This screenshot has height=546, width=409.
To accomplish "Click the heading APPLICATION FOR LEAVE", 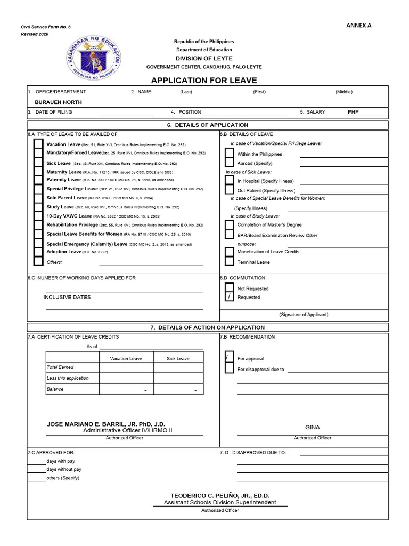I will tap(204, 81).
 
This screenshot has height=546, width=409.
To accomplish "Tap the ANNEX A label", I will tap(359, 26).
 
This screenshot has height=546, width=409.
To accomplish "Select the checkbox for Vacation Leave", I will tap(38, 144).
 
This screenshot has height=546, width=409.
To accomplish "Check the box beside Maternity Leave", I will tap(38, 172).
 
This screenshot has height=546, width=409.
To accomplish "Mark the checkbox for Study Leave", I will tap(38, 207).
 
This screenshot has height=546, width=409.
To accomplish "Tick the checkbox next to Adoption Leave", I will tap(38, 252).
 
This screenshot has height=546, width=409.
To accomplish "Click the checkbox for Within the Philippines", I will tap(229, 154).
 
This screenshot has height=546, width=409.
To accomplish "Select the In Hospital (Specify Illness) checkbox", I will tap(229, 181).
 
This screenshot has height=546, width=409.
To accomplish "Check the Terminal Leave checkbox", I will tap(229, 262).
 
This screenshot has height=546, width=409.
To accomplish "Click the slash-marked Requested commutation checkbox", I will tap(229, 297).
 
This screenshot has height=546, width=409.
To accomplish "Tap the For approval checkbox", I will tap(229, 358).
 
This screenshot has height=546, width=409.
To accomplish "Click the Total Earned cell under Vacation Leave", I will tap(126, 367).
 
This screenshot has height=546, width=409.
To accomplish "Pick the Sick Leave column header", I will tap(178, 358).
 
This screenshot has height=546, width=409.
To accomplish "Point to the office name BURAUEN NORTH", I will tap(58, 101).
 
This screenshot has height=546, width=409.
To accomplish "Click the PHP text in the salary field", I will tap(354, 113).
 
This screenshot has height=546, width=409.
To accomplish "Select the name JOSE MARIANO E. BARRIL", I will tap(106, 424).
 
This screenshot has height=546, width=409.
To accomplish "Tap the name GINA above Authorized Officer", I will tap(312, 427).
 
